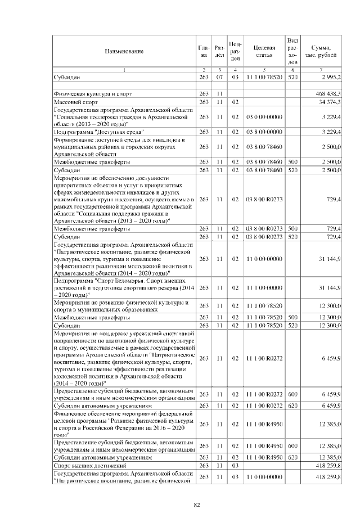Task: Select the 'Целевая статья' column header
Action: (264, 51)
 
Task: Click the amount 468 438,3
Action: (327, 93)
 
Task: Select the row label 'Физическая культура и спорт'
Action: (90, 93)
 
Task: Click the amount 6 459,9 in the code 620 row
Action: (330, 406)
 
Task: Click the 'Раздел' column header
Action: (220, 51)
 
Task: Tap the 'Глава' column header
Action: (204, 51)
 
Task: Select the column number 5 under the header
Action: (264, 69)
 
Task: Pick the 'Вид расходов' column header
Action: (292, 51)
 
